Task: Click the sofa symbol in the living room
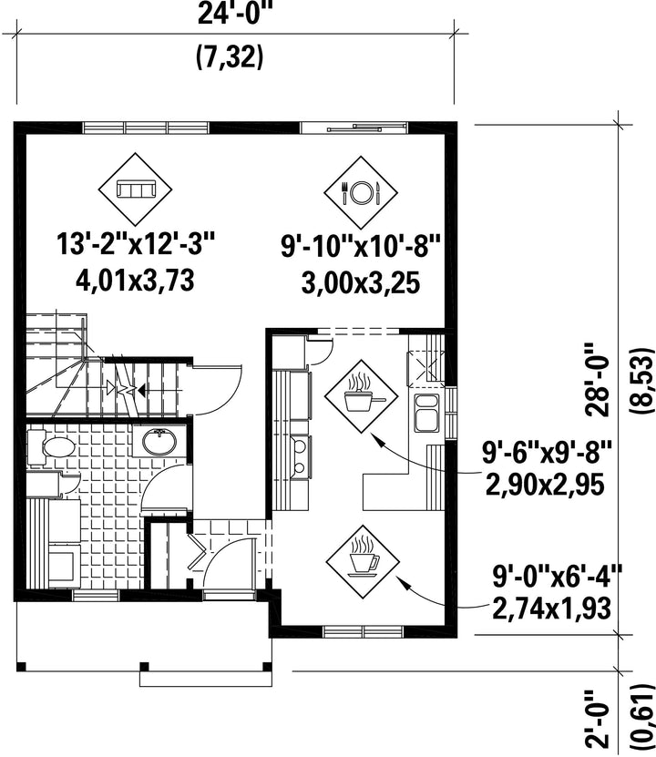[136, 189]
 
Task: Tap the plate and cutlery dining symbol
[361, 192]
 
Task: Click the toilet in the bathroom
[51, 446]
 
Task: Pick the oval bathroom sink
[159, 441]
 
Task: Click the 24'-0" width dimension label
[233, 15]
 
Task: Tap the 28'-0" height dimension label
[598, 379]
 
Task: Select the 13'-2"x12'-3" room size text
[135, 244]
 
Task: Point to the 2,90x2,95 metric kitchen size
[545, 485]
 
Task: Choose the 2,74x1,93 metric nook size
[552, 609]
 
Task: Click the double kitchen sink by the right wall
[426, 413]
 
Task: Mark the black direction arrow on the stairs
[140, 389]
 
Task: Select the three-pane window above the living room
[146, 128]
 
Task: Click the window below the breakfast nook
[363, 631]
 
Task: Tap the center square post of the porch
[144, 667]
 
